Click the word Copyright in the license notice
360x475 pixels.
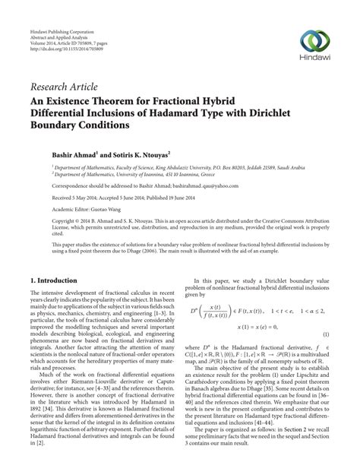pyautogui.click(x=48, y=223)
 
